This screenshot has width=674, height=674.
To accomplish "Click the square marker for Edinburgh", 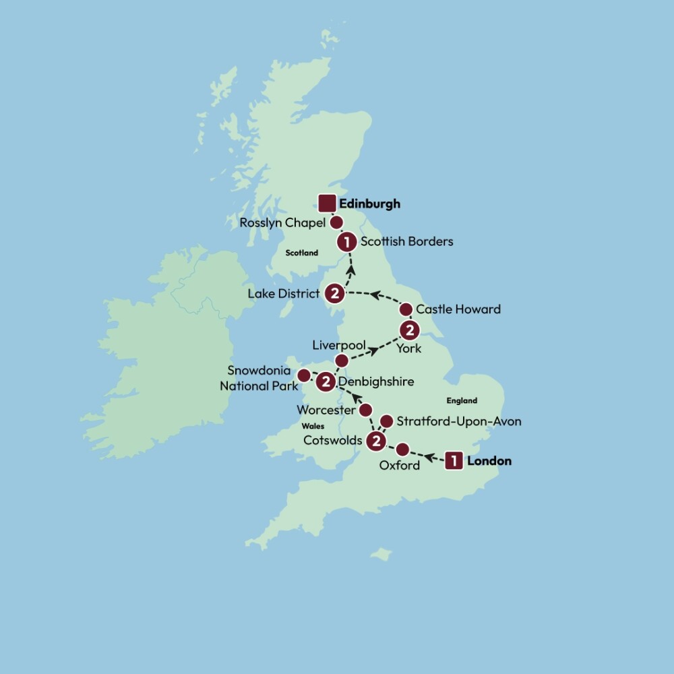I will [327, 203].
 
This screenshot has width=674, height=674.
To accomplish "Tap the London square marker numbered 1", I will [455, 461].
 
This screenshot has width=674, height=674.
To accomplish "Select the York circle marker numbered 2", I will [409, 330].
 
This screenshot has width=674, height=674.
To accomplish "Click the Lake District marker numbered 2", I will [334, 293].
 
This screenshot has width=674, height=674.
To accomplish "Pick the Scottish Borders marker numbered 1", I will [346, 241].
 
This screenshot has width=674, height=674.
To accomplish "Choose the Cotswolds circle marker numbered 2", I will [375, 441].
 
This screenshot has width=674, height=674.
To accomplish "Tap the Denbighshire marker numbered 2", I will [326, 381].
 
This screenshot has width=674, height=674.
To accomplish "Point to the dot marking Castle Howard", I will [406, 309].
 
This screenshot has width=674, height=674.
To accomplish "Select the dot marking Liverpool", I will [342, 361].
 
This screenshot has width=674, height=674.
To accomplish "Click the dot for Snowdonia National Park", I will [304, 374].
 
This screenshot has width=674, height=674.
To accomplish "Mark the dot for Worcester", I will [365, 410].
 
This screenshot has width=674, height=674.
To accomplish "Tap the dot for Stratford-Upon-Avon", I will [386, 421].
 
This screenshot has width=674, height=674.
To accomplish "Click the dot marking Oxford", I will [402, 450].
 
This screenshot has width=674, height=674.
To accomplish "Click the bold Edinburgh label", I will [370, 204].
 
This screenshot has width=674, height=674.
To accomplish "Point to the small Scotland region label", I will [301, 253].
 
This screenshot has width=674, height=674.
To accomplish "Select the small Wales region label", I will [313, 426].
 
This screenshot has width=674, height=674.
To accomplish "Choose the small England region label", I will [462, 400].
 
